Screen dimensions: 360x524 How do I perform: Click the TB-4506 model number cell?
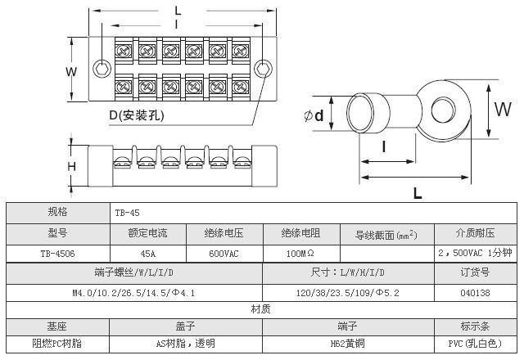pos(57,254)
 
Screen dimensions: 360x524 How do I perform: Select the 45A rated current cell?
pos(148,254)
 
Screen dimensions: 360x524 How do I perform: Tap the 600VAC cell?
pos(224,254)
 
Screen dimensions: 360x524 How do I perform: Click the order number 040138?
pos(475,292)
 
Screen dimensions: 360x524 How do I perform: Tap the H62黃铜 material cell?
pos(348,344)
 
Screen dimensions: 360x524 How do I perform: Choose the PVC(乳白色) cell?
pos(475,344)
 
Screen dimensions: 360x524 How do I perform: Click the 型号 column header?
pos(57,233)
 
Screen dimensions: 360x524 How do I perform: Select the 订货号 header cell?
pos(475,272)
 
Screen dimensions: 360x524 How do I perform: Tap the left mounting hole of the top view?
pos(101,67)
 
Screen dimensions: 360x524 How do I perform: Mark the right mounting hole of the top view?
pos(262,67)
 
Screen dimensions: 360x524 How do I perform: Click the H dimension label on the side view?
pos(71,167)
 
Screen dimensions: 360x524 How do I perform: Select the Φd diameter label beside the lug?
pos(314,115)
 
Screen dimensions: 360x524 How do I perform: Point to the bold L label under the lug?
pos(417,193)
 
